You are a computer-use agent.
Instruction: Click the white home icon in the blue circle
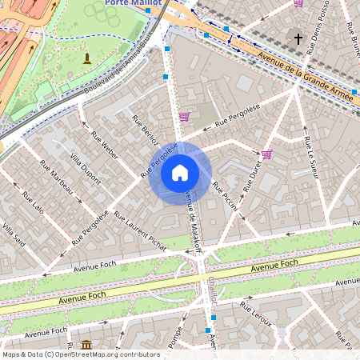tap(180, 173)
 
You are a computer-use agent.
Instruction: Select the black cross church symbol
tap(298, 38)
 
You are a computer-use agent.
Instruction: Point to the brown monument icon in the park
tap(87, 58)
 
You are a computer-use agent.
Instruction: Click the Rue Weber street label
tap(105, 144)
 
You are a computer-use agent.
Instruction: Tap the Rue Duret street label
tap(253, 175)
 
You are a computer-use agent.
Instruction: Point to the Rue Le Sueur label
tap(311, 156)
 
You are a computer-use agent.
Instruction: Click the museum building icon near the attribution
tap(86, 344)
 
